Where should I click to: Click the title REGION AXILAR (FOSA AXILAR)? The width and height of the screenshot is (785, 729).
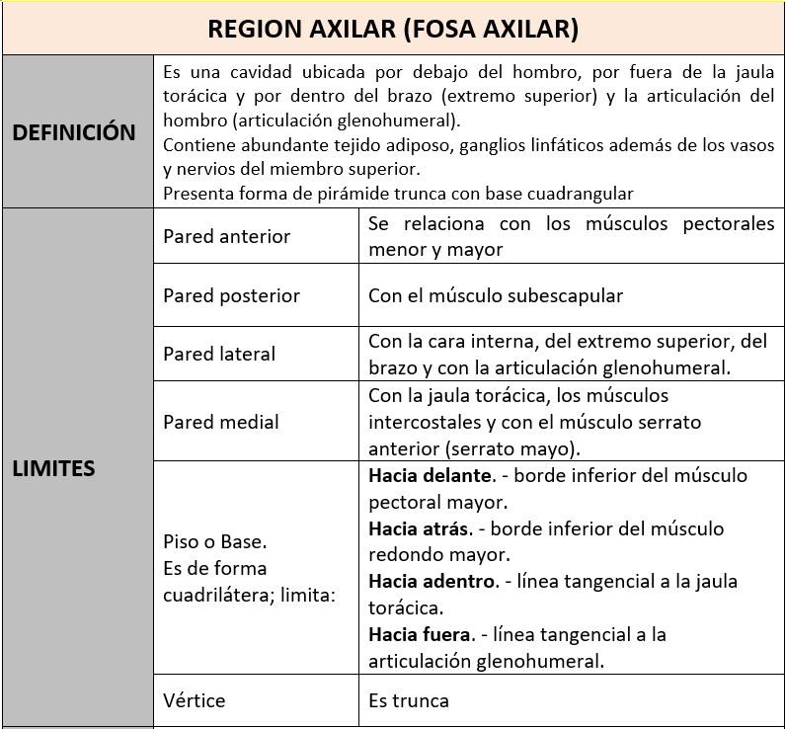pyautogui.click(x=393, y=29)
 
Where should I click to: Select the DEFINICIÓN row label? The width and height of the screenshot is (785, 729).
pyautogui.click(x=74, y=132)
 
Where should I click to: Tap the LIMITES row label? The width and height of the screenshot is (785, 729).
pyautogui.click(x=53, y=468)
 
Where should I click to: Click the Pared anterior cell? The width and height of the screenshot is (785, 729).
pyautogui.click(x=227, y=236)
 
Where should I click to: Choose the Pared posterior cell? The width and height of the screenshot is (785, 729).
pyautogui.click(x=231, y=295)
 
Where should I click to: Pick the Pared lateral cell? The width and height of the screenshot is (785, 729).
pyautogui.click(x=219, y=354)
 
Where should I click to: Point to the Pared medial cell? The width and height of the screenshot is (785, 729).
pyautogui.click(x=221, y=422)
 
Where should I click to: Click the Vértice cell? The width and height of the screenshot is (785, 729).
pyautogui.click(x=195, y=700)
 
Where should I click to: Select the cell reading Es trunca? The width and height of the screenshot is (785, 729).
pyautogui.click(x=409, y=700)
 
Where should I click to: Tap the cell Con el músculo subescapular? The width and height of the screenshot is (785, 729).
pyautogui.click(x=496, y=295)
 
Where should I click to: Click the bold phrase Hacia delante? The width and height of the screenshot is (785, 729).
pyautogui.click(x=430, y=475)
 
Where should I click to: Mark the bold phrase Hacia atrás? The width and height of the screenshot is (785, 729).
pyautogui.click(x=418, y=528)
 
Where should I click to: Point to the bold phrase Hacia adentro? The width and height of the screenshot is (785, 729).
pyautogui.click(x=432, y=581)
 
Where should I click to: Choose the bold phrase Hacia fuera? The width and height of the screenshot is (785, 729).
pyautogui.click(x=421, y=633)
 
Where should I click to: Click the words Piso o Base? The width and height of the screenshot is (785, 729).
pyautogui.click(x=215, y=542)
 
